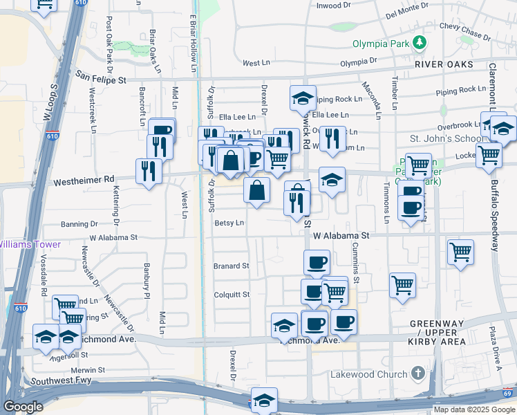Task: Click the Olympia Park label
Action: click(x=382, y=44)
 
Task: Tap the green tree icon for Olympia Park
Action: click(x=419, y=44)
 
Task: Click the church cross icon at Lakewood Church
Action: click(x=417, y=373)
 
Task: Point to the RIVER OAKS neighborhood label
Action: click(x=444, y=64)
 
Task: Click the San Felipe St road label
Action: click(x=101, y=80)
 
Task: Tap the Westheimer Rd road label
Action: click(x=84, y=180)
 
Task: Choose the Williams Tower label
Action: click(x=30, y=244)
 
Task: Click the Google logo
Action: click(x=23, y=407)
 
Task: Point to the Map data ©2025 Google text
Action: click(x=473, y=410)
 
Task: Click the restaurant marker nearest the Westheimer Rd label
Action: click(x=149, y=170)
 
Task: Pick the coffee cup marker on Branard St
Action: click(x=317, y=262)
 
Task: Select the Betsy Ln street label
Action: click(x=229, y=223)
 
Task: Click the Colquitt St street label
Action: click(x=232, y=295)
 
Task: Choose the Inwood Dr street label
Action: click(x=334, y=6)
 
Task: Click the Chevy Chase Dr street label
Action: click(x=464, y=31)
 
